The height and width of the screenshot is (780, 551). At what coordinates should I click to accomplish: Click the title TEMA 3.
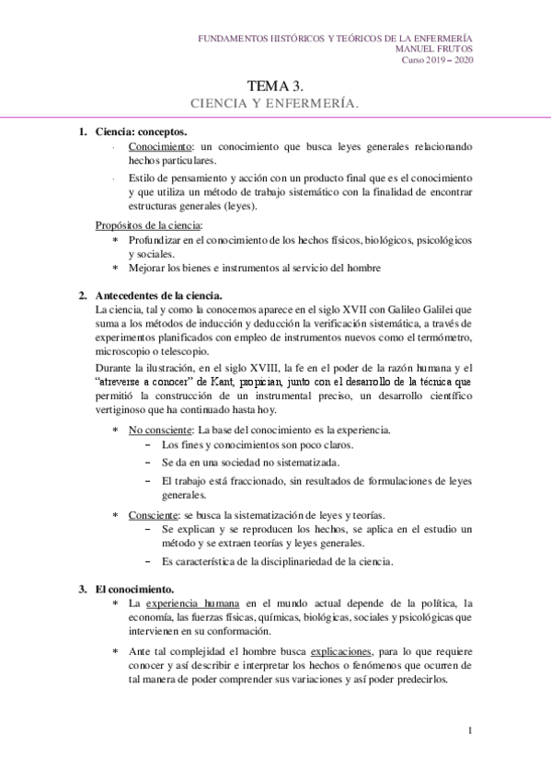(x=275, y=86)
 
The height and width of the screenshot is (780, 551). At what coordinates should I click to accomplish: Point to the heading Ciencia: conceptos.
(x=138, y=132)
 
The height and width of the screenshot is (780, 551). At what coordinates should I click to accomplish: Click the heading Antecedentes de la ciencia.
(x=158, y=295)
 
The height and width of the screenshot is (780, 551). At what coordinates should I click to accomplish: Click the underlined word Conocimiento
(x=161, y=146)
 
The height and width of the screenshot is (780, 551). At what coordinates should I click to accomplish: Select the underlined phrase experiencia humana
(x=195, y=602)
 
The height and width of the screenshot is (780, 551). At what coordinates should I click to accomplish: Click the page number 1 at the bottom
(x=469, y=731)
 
